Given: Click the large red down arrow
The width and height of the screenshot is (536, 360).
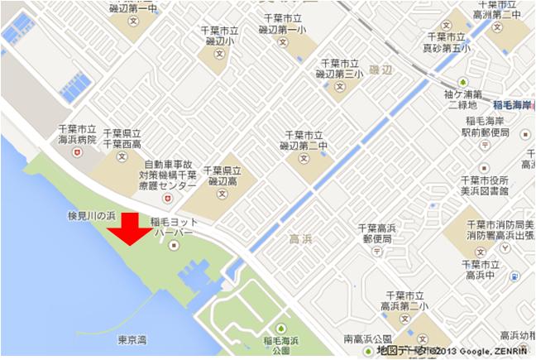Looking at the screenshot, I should (131, 229).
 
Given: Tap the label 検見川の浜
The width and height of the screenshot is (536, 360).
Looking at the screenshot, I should (93, 215).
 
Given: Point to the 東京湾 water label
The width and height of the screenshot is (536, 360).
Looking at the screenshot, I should (132, 338).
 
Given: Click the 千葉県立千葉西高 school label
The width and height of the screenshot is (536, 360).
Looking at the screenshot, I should (122, 138).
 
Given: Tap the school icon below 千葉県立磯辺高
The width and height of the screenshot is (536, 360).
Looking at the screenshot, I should (220, 194).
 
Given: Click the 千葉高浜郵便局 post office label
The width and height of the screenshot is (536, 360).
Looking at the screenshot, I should (378, 233).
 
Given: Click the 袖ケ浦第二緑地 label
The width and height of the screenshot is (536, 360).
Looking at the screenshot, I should (463, 99).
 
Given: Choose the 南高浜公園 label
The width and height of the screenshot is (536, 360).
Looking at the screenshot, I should (367, 339).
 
